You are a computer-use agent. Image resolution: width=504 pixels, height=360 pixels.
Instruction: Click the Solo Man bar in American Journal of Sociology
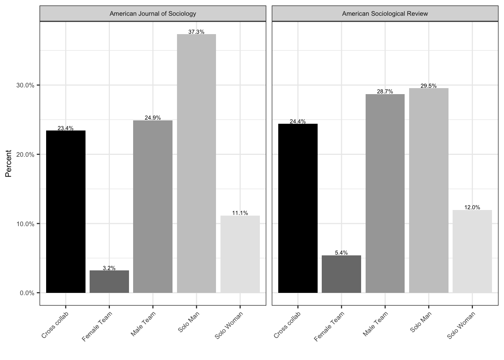tap(196, 163)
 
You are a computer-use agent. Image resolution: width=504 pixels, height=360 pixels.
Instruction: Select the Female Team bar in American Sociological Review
tap(341, 274)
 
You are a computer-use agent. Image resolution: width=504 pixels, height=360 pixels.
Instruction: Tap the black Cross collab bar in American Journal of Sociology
tap(66, 212)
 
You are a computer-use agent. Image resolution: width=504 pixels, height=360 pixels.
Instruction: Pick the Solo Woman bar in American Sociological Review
tap(472, 251)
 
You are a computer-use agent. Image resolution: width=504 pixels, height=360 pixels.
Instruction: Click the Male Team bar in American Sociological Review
tap(385, 193)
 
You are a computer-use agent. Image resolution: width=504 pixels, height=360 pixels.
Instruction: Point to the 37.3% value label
tap(196, 32)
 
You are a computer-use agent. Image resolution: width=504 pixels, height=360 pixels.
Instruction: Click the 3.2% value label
tap(109, 268)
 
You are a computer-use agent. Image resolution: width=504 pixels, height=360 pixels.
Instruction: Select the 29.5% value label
tap(429, 86)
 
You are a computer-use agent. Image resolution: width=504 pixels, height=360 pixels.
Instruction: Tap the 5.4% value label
tap(341, 253)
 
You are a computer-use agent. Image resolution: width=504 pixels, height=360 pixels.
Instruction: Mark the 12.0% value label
tap(472, 207)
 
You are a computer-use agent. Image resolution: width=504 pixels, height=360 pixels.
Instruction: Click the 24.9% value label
tap(153, 118)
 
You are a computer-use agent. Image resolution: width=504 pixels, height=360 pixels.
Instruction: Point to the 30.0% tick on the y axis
tap(25, 85)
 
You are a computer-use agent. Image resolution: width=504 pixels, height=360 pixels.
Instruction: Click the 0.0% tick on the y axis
tap(27, 293)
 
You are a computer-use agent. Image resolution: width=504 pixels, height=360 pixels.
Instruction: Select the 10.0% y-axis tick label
tap(25, 224)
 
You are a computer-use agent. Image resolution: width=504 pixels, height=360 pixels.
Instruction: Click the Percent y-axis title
tap(8, 163)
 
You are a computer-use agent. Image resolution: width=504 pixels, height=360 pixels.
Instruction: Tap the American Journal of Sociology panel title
tap(153, 14)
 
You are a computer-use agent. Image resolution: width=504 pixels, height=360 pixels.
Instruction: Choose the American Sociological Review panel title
tap(385, 14)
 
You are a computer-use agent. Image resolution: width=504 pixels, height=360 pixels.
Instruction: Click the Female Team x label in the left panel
tap(97, 327)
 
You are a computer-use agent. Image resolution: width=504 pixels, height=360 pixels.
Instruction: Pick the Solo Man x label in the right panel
tap(421, 322)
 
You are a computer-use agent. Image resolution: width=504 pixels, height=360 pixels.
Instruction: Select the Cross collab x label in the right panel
tap(287, 325)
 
